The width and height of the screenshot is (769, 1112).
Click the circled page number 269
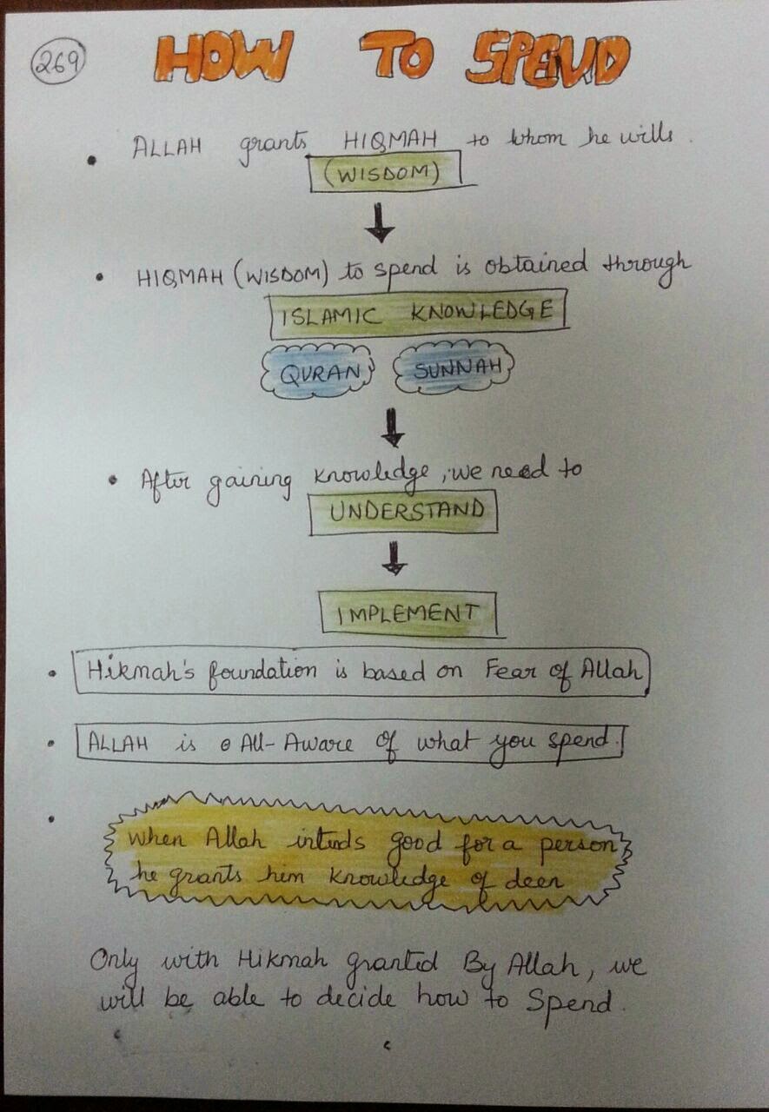[x=58, y=63]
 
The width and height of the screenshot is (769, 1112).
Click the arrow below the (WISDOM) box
[x=380, y=222]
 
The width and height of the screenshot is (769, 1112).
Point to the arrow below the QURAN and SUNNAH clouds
[x=393, y=427]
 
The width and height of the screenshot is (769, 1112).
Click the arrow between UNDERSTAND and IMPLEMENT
[x=394, y=558]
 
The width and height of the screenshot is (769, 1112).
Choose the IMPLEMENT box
[x=408, y=614]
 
